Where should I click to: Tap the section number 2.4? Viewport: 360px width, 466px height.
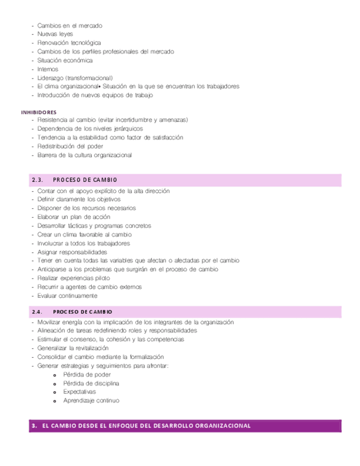(37, 312)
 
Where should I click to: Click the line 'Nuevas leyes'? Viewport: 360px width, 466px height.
(56, 34)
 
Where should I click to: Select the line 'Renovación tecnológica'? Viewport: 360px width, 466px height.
(69, 43)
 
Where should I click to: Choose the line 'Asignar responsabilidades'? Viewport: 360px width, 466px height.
(73, 252)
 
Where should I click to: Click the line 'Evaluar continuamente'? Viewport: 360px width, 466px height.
(68, 296)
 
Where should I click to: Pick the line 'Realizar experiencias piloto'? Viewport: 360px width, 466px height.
(75, 278)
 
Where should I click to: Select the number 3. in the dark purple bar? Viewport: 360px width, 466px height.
(34, 425)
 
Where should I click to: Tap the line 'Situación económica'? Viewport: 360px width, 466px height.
(65, 60)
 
